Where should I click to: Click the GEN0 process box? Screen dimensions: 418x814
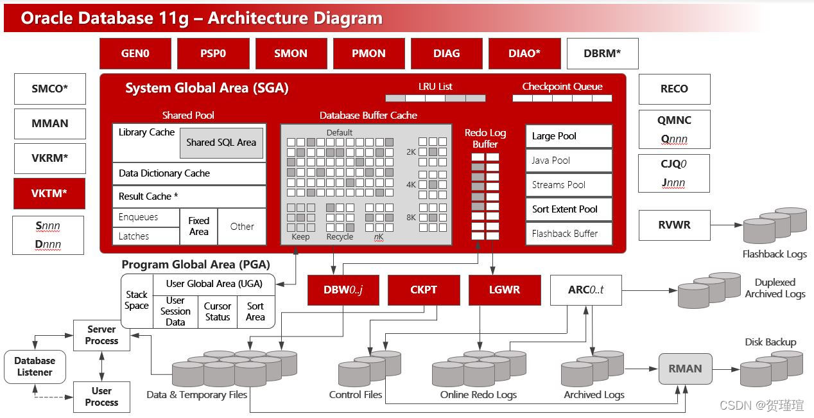[135, 53]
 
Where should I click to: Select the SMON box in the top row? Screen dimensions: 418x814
[291, 53]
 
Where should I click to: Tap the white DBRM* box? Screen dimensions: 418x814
[602, 53]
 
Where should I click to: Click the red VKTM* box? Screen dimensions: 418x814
[49, 193]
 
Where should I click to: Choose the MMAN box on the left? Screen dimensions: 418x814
[49, 123]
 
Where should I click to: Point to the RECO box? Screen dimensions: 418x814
[674, 89]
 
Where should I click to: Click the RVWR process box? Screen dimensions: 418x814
[674, 225]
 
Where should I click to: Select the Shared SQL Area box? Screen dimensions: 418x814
[221, 143]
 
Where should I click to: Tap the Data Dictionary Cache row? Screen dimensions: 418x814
[189, 173]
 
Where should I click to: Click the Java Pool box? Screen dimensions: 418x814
[568, 161]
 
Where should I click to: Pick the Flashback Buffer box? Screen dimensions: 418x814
[568, 234]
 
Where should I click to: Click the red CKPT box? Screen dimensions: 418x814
[424, 290]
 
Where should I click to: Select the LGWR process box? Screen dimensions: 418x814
[505, 290]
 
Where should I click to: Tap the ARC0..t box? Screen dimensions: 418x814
[585, 290]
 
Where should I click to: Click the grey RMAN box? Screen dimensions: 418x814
[685, 369]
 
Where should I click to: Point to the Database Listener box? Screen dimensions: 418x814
[35, 367]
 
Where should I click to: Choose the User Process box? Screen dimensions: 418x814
[101, 397]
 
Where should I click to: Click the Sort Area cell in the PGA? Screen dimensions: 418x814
[255, 311]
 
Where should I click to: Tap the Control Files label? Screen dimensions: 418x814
[355, 395]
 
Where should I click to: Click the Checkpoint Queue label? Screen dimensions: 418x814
[562, 87]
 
